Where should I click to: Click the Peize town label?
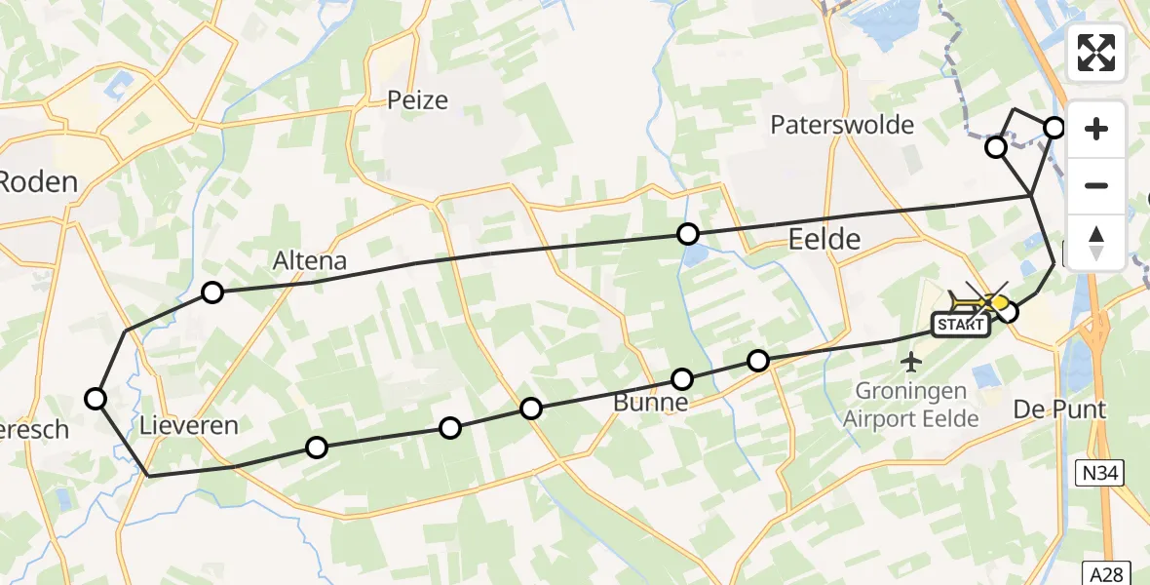417,99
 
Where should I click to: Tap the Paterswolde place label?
842,125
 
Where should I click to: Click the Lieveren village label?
189,425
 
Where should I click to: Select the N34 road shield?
1102,474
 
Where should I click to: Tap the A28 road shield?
1106,569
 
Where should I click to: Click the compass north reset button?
1096,242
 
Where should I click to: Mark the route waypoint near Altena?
212,292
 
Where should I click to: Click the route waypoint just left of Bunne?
531,409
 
